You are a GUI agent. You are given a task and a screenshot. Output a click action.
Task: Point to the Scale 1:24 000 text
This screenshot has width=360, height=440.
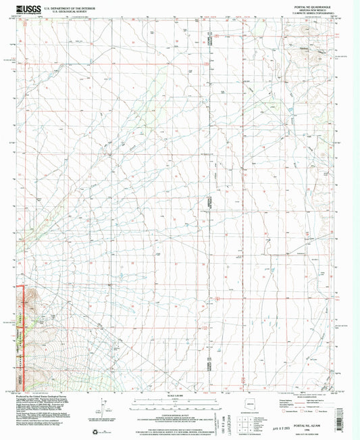(180, 394)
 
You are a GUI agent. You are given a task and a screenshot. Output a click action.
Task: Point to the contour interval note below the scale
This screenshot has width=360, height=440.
(180, 413)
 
